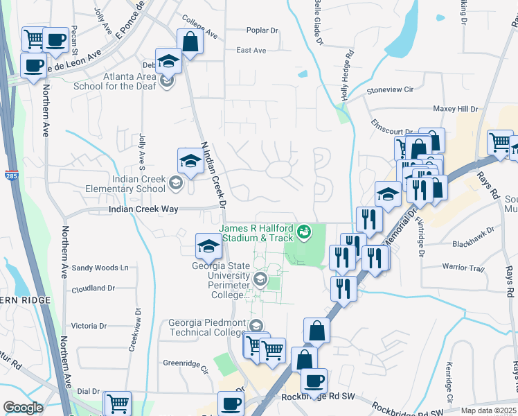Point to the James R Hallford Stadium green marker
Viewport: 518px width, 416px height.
coord(303,230)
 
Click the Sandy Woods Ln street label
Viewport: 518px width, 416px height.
coord(100,268)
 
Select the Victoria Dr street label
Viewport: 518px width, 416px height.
coord(89,325)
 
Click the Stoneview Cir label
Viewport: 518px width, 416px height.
coord(390,89)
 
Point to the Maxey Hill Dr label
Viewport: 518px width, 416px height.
coord(455,110)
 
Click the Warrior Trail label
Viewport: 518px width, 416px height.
coord(463,268)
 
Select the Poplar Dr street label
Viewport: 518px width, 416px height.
coord(262,31)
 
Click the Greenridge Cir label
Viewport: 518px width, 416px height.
coord(186,362)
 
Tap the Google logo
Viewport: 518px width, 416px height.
coord(23,408)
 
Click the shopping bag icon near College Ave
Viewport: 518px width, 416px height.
coord(190,42)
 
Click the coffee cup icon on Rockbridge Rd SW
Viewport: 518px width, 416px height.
coord(314,381)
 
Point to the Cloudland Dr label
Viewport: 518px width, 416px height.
coord(93,288)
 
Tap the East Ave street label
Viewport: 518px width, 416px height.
coord(251,51)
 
